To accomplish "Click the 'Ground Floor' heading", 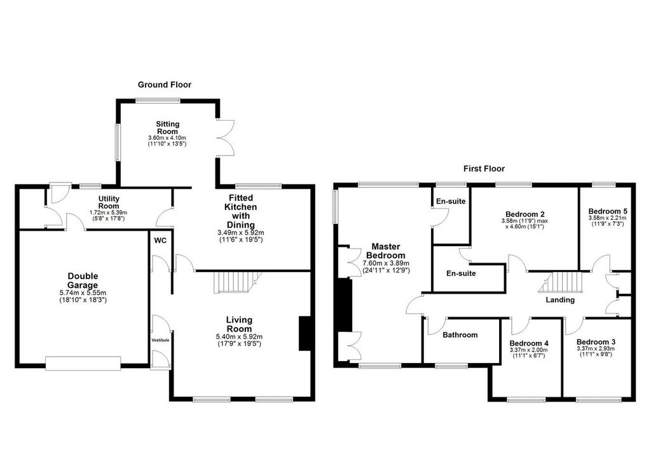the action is (165, 85).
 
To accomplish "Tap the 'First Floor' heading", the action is (484, 168).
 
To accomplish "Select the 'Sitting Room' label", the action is (168, 128).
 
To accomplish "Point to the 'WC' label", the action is (160, 240).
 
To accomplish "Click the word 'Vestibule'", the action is (160, 340).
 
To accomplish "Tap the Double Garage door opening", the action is (83, 363).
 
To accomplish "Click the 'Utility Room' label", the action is (109, 202).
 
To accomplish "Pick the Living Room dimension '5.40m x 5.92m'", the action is (239, 337).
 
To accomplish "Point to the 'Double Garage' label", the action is (83, 280).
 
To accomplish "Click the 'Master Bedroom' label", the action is (386, 251).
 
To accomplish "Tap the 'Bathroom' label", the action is (460, 334).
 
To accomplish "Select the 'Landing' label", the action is (560, 300).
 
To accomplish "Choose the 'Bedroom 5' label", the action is (607, 211).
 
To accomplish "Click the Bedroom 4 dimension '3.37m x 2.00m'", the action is (529, 350).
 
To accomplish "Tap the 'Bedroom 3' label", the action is (596, 342).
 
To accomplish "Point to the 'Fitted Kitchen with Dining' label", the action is (241, 211).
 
